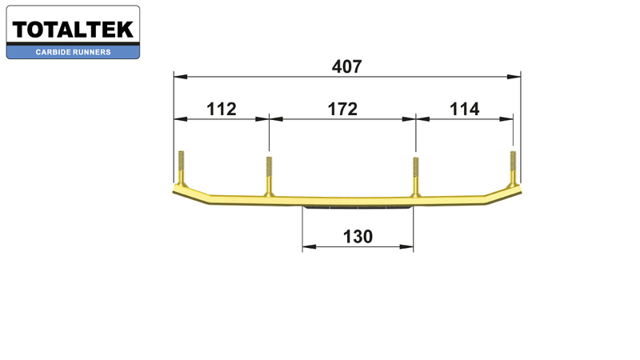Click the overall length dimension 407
pos(346,66)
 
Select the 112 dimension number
pos(222,109)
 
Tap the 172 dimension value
pos(342,109)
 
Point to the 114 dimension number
pos(464,109)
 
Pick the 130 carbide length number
pos(358,237)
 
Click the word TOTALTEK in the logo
pos(73,30)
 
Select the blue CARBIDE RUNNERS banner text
pos(73,52)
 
